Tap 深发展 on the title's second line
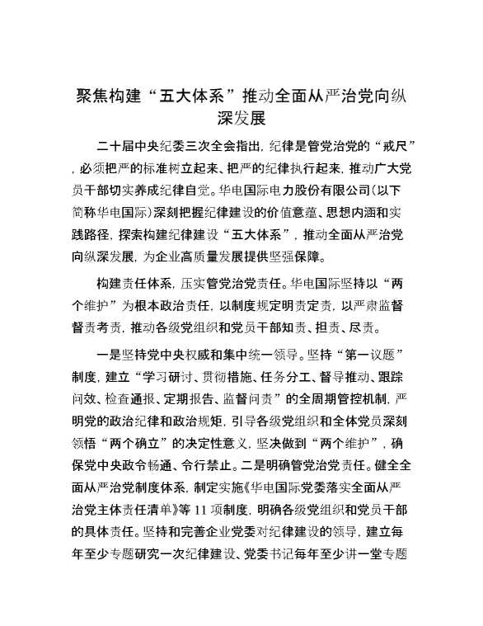tap(241, 118)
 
